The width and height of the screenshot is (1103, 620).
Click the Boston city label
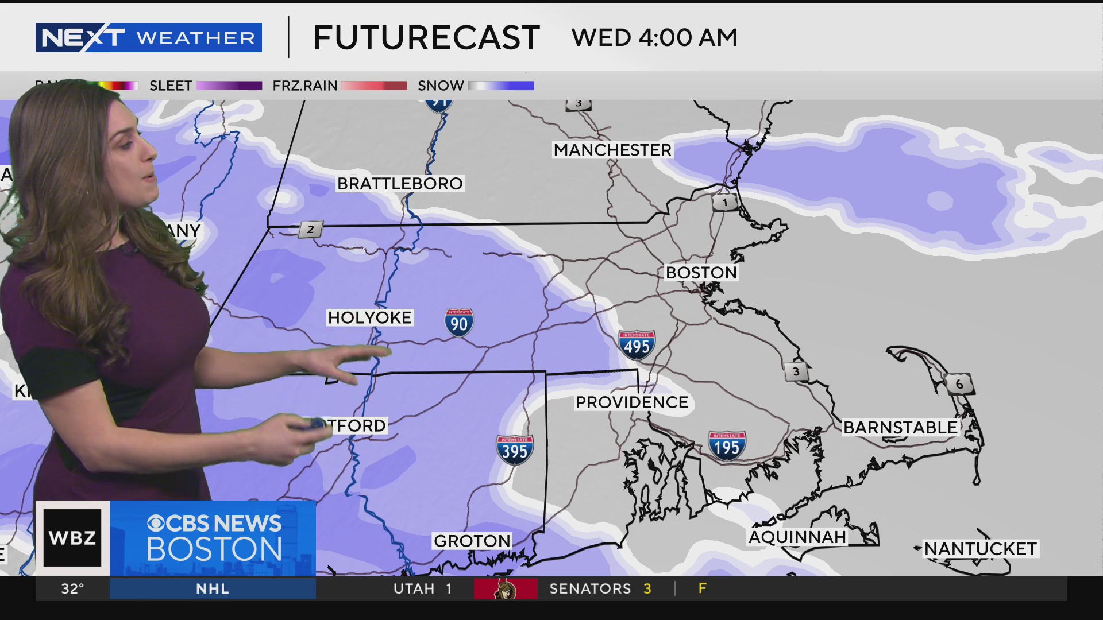tap(701, 273)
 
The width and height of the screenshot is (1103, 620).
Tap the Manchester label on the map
tap(612, 150)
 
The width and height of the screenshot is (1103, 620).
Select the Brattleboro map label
tap(400, 184)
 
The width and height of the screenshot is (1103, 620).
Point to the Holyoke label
tap(369, 317)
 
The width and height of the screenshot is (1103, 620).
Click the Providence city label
tap(632, 402)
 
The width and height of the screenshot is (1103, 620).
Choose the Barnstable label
tap(900, 428)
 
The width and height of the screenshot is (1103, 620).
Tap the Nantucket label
tap(980, 549)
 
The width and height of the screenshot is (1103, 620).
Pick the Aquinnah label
tap(797, 537)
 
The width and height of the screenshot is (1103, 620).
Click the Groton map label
tap(472, 541)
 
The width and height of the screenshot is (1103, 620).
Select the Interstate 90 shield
tap(459, 323)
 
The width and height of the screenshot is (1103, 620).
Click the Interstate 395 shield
tap(515, 450)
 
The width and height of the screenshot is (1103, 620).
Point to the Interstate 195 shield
tap(727, 446)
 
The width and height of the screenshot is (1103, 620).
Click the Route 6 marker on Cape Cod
tap(959, 384)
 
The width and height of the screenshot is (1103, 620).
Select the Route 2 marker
tap(310, 230)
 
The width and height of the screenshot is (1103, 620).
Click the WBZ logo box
tap(72, 538)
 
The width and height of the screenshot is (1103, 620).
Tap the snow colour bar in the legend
tap(501, 86)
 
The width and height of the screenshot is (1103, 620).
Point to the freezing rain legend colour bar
tap(374, 86)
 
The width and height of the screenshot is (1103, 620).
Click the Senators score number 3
tap(647, 589)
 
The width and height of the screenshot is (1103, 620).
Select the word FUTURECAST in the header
tap(426, 38)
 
